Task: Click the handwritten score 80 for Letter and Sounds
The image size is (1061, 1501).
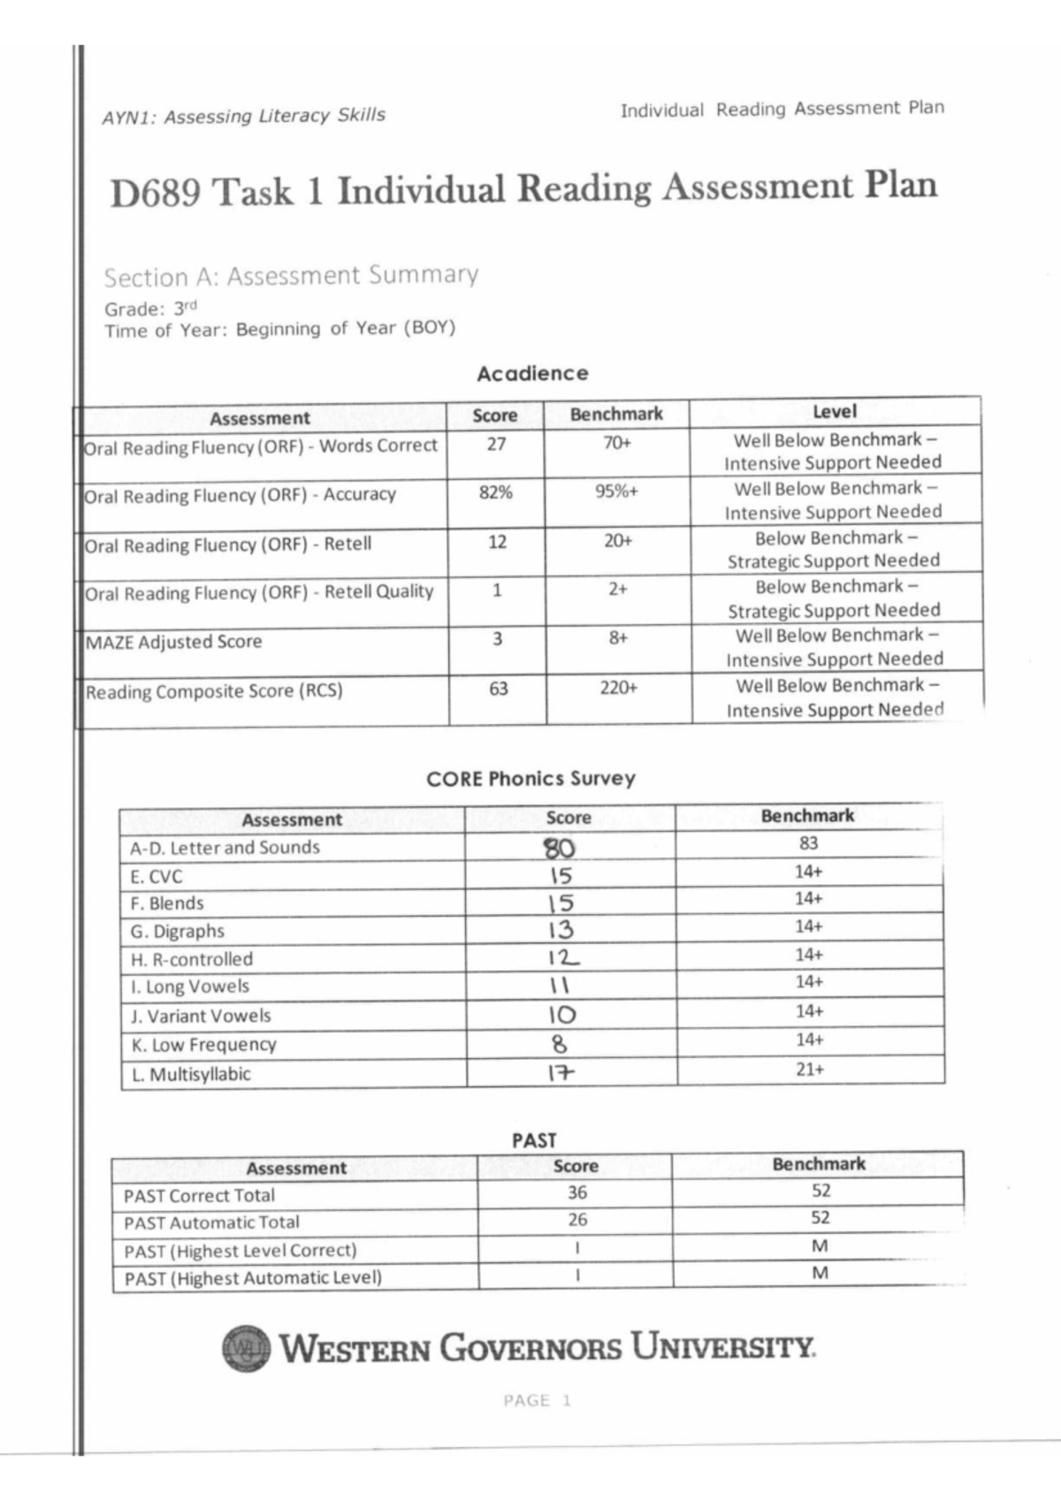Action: [x=559, y=848]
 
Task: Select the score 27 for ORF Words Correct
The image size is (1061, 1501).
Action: [x=496, y=444]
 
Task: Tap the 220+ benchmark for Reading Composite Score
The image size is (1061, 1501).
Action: [x=618, y=688]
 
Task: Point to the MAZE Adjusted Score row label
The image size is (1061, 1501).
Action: [x=174, y=643]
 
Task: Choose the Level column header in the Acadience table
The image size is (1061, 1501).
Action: [x=834, y=411]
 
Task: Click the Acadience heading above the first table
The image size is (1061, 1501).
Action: [x=532, y=373]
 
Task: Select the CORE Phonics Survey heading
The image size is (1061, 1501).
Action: [x=530, y=779]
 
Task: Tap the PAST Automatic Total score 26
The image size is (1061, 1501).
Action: [x=577, y=1220]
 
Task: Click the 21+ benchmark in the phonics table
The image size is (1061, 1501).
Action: [x=809, y=1069]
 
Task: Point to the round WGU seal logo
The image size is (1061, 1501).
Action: [x=246, y=1349]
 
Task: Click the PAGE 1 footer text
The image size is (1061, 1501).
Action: [x=538, y=1400]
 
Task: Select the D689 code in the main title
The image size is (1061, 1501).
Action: [x=155, y=193]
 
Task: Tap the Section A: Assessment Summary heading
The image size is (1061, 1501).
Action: [x=291, y=277]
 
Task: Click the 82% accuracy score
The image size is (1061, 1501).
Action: [x=496, y=492]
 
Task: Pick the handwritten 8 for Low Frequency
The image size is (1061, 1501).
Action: [x=559, y=1044]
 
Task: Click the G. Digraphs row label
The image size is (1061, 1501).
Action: [x=178, y=931]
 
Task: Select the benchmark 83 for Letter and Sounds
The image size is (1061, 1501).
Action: [x=808, y=843]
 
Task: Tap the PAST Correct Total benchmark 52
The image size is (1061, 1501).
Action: [x=821, y=1191]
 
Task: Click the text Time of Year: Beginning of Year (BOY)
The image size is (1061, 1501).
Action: [x=279, y=330]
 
